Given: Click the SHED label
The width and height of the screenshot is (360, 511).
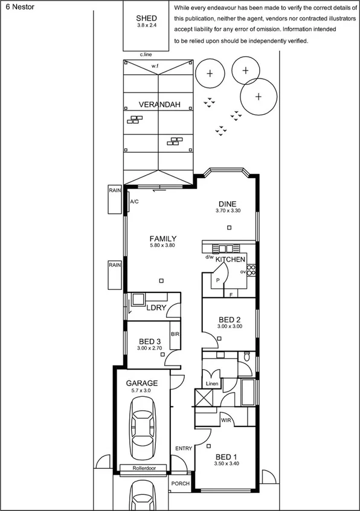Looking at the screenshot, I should point(147,19).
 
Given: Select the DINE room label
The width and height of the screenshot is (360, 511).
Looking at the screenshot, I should point(228,204).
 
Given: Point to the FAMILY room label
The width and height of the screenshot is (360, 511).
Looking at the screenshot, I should point(162,239).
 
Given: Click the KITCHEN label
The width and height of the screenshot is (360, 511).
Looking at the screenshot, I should point(231,259).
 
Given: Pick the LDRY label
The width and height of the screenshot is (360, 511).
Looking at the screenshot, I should point(156,307).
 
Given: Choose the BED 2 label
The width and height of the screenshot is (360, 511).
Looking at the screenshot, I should point(230,319).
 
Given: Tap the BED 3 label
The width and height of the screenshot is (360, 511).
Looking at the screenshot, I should point(149,341).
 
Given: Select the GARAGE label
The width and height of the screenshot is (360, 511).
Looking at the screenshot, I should point(141,383).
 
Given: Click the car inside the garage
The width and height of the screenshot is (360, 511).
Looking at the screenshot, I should point(143,433).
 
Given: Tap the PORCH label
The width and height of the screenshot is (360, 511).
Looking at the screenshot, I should point(181,484).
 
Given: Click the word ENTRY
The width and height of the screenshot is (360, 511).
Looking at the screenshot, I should point(184,448).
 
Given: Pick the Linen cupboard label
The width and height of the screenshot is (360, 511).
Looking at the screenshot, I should point(211,384).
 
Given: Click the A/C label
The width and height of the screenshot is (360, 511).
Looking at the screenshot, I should point(135,202).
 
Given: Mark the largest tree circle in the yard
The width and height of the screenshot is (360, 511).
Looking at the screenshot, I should point(258,97).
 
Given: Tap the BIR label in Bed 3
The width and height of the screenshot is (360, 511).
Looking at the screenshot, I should point(175,334).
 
